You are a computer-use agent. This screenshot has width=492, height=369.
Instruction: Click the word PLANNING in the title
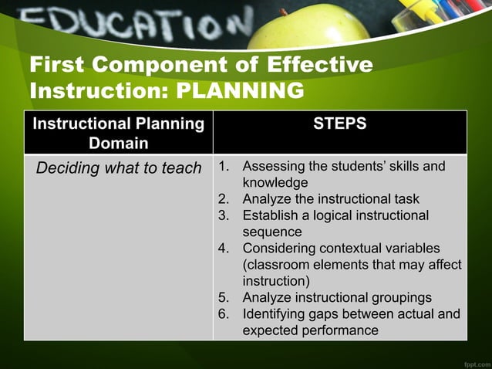pyautogui.click(x=240, y=91)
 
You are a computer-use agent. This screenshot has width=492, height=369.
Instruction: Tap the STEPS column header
pyautogui.click(x=339, y=124)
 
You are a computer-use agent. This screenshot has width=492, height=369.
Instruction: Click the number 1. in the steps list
pyautogui.click(x=224, y=167)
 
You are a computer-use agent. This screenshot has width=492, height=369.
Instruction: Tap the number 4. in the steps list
pyautogui.click(x=224, y=249)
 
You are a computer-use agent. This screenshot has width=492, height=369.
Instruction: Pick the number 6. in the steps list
pyautogui.click(x=224, y=314)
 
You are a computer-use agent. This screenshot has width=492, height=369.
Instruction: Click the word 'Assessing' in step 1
pyautogui.click(x=274, y=167)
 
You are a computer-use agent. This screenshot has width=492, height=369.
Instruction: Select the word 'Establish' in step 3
pyautogui.click(x=271, y=215)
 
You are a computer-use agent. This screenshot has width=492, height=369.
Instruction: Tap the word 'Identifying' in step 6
pyautogui.click(x=278, y=314)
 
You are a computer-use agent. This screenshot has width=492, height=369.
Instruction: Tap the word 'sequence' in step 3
pyautogui.click(x=272, y=232)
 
